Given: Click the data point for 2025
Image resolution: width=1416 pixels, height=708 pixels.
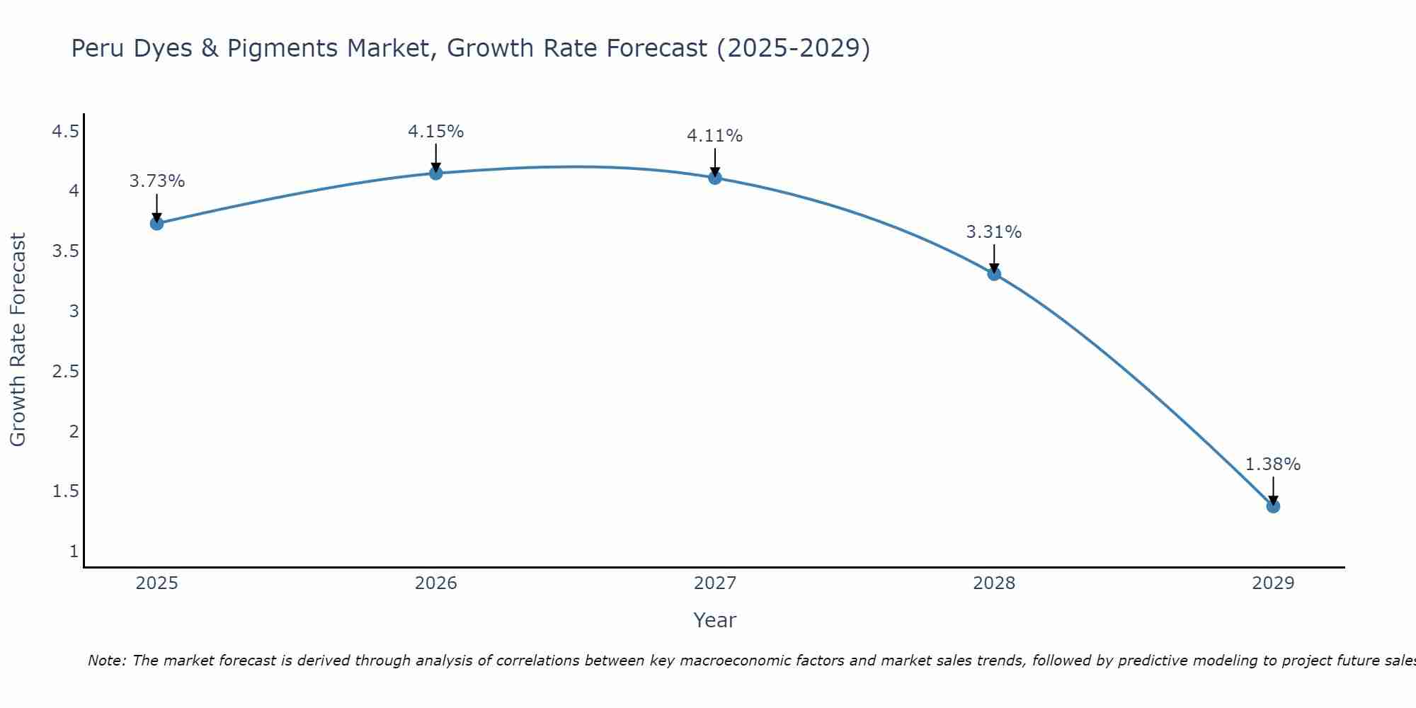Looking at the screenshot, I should tap(157, 224).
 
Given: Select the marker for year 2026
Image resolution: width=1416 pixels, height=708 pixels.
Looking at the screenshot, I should tap(436, 173).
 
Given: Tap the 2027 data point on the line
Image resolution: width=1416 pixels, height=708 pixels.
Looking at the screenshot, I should tap(715, 178).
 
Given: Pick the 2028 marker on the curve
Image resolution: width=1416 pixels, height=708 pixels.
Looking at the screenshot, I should tap(994, 274).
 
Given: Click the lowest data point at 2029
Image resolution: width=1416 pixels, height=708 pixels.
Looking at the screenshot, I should tap(1273, 506).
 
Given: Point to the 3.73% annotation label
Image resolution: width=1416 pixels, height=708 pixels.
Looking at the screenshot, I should tap(157, 181).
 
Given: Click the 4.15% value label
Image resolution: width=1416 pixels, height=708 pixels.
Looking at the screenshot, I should tap(436, 132).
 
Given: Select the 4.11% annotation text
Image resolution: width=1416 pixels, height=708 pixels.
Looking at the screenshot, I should tap(715, 136).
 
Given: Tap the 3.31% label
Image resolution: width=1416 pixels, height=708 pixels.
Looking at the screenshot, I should tap(994, 232).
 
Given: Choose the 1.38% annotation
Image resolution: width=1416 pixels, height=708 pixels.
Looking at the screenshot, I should tap(1273, 464).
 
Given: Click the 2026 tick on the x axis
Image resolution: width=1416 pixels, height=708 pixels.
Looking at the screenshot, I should tap(436, 583).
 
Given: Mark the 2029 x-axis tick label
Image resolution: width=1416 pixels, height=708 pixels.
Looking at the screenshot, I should tap(1273, 583).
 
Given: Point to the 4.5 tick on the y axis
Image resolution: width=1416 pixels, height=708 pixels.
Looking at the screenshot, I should tap(65, 132).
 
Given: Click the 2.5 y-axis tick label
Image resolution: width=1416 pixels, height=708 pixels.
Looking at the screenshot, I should tap(65, 372).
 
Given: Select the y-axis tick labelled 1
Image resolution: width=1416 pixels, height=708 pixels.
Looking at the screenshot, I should tap(74, 552).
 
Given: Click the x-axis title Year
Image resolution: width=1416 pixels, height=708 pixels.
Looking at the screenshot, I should tap(715, 620).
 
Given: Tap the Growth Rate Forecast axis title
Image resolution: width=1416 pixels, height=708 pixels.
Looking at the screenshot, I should tap(18, 340).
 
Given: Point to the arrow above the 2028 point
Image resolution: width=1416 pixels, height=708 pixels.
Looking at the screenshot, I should tap(994, 259).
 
